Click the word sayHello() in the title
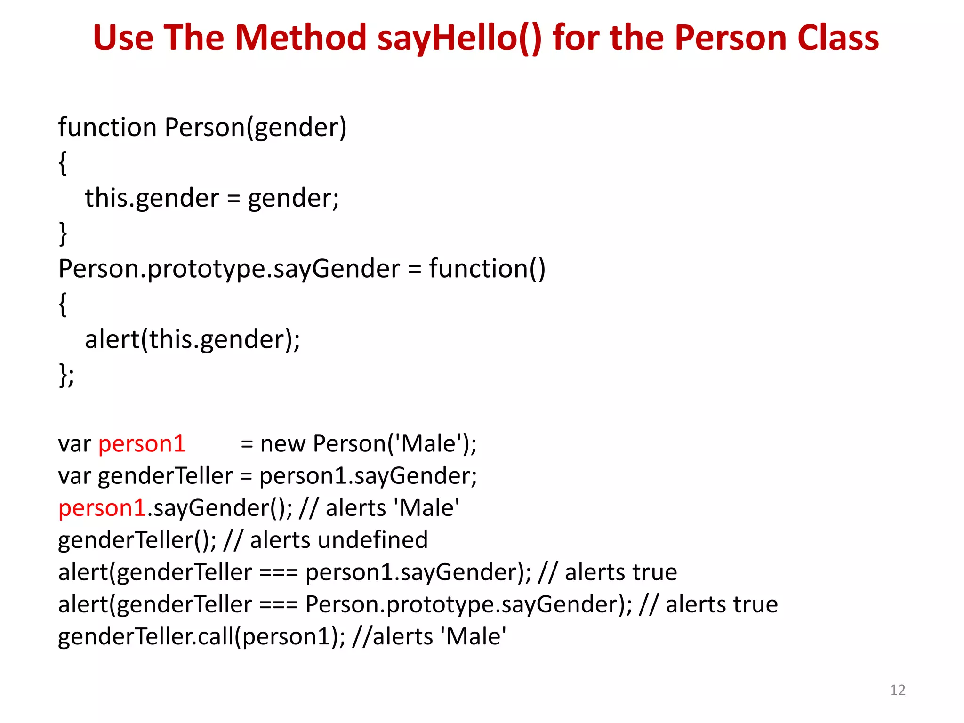click(x=459, y=38)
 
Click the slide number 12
click(x=898, y=690)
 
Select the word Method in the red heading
click(x=300, y=38)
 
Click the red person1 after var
click(x=142, y=444)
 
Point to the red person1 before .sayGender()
click(x=102, y=508)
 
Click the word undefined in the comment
click(x=373, y=540)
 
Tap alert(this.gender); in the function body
click(x=192, y=339)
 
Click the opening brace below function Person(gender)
click(x=63, y=163)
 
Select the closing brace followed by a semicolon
click(x=66, y=375)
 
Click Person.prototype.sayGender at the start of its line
click(x=229, y=269)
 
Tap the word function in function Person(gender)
click(x=107, y=128)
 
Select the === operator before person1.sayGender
click(x=279, y=572)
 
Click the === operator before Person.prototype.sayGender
click(x=279, y=604)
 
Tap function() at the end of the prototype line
click(x=487, y=269)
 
